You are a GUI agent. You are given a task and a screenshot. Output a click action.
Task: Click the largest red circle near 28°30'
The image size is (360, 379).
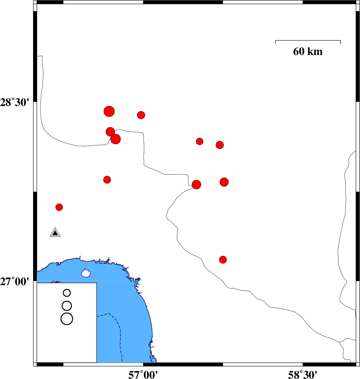(x=109, y=111)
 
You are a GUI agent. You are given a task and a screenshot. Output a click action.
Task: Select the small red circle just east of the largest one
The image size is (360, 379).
(x=141, y=115)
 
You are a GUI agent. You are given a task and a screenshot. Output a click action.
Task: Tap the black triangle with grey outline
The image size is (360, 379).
(x=55, y=233)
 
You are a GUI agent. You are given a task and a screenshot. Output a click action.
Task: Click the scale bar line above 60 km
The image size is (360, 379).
(x=308, y=40)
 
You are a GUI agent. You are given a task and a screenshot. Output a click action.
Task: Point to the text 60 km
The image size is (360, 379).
(x=308, y=52)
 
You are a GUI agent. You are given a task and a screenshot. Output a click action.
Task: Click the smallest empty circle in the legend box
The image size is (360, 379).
(x=67, y=293)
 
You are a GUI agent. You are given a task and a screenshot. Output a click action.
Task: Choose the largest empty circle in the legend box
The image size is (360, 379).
(x=67, y=319)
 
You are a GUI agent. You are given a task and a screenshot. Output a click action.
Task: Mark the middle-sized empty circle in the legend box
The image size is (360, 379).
(x=67, y=306)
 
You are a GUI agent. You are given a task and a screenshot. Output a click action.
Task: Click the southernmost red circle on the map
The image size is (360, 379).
(x=223, y=260)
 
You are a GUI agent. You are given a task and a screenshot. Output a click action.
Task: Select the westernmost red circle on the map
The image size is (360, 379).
(x=59, y=207)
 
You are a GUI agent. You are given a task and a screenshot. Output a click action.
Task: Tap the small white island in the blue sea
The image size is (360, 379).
(x=86, y=273)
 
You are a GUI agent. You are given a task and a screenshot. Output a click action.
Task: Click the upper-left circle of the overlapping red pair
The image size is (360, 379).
(x=110, y=131)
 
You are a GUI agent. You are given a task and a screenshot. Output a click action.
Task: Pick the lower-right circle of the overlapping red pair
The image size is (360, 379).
(x=116, y=139)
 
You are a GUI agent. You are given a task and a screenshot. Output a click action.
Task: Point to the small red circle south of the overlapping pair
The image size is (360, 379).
(x=107, y=180)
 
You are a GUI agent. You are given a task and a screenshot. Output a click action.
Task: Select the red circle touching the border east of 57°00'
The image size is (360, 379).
(x=196, y=185)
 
